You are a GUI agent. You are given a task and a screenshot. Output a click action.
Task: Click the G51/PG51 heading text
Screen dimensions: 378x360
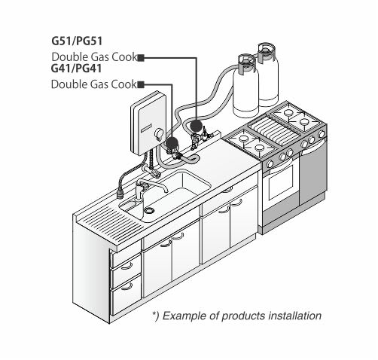[x=77, y=41]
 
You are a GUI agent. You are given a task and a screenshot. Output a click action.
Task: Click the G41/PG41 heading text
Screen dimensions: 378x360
[x=76, y=69]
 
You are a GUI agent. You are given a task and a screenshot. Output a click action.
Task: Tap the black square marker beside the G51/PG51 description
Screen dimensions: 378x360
[x=141, y=58]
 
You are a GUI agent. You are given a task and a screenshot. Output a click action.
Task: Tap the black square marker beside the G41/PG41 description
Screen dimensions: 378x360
[x=141, y=85]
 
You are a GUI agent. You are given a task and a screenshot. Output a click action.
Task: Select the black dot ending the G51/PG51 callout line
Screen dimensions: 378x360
[x=197, y=127]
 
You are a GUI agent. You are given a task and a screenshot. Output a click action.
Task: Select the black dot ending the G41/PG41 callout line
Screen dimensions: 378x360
[x=172, y=144]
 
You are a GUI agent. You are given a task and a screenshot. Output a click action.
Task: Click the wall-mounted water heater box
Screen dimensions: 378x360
[x=148, y=124]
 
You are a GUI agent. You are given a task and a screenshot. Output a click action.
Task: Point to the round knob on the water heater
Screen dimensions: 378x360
[x=159, y=133]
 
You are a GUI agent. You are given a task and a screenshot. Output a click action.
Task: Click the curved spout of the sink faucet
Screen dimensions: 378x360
[x=154, y=183]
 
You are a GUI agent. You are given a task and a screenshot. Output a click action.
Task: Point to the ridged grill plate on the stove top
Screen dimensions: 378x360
[x=273, y=130]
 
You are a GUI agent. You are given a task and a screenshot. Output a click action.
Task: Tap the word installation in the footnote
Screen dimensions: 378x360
[x=294, y=316]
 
